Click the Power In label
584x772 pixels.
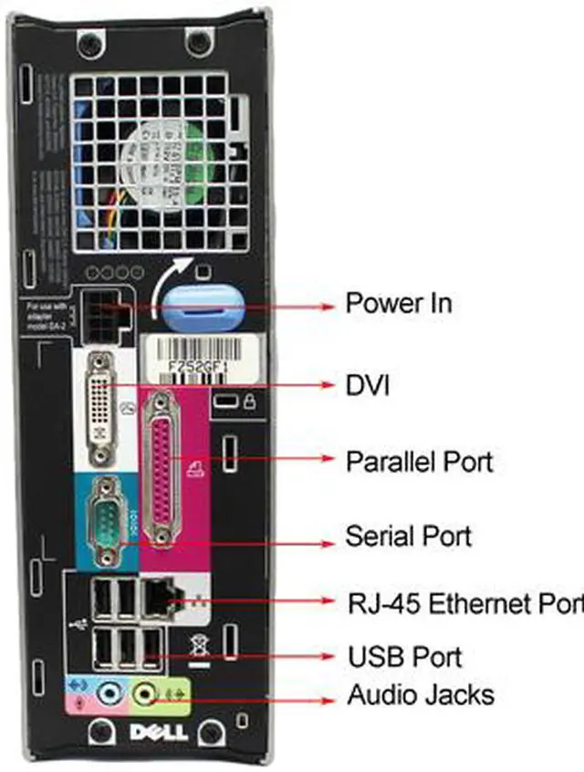click(x=398, y=303)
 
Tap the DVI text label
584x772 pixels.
click(x=367, y=386)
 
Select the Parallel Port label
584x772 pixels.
click(x=419, y=461)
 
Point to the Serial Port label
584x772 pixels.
click(x=408, y=535)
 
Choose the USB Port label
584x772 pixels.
click(x=404, y=656)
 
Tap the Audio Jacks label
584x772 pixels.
click(x=421, y=695)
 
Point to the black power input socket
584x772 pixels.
click(x=102, y=315)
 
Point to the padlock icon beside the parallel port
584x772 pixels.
click(x=248, y=401)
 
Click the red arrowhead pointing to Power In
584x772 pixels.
click(x=329, y=308)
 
